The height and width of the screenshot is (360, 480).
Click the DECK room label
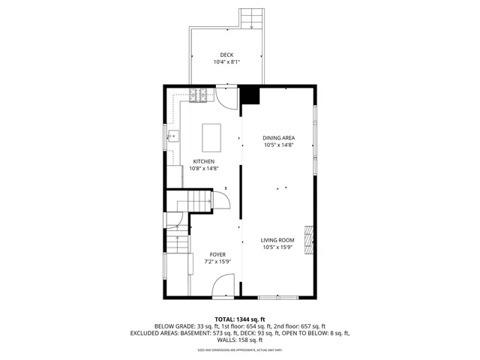point(226,54)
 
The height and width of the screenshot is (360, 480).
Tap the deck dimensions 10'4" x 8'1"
point(226,62)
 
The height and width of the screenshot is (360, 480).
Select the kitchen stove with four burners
point(198,95)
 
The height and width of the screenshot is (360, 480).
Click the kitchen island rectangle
point(212,138)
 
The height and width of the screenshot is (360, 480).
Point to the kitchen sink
point(173,135)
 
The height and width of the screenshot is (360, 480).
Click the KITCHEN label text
point(204,161)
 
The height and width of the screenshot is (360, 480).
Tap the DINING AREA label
point(277,137)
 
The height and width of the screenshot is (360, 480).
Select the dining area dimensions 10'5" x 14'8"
point(277,145)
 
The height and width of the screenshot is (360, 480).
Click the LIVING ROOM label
point(277,239)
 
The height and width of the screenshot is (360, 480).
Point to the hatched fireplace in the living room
point(308,240)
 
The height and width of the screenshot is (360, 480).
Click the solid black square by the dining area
point(250,95)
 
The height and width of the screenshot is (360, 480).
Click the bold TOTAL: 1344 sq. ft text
point(239,319)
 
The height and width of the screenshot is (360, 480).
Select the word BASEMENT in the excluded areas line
point(211,333)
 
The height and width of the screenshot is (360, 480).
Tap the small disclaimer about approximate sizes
point(239,349)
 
